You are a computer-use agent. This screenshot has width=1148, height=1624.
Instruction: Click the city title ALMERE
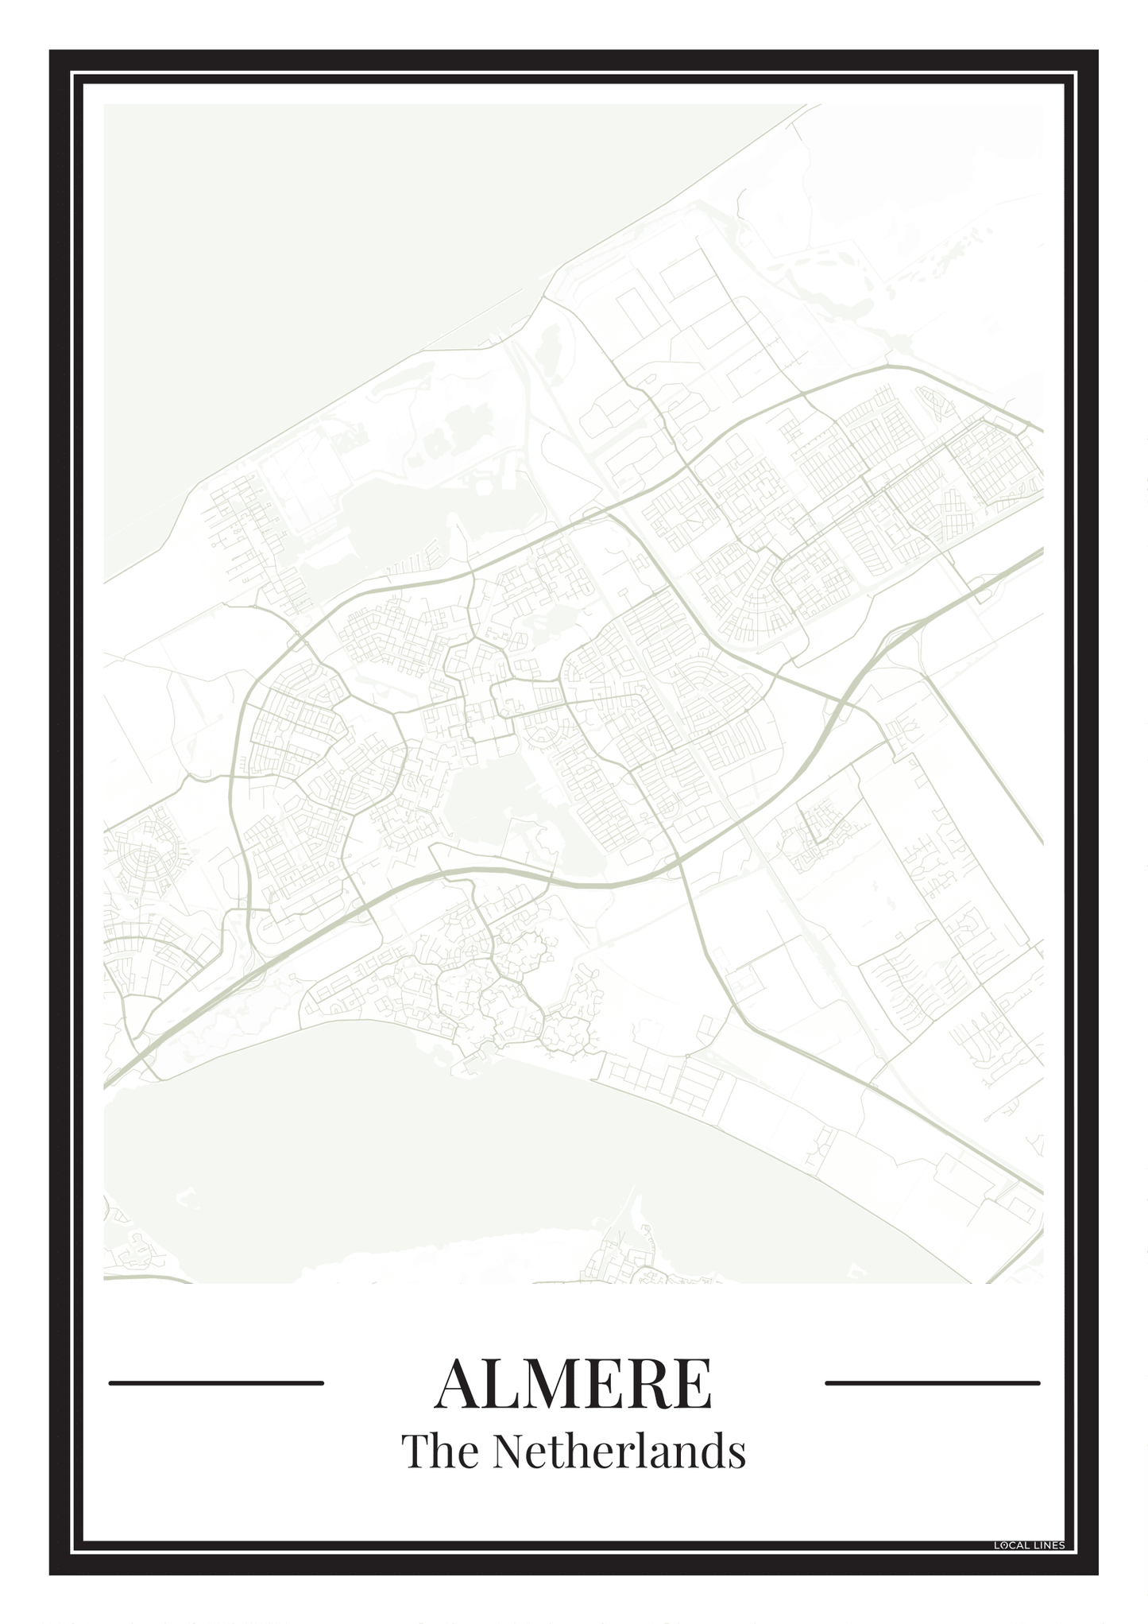pos(573,1384)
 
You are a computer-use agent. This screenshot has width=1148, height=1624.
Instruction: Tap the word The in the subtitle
pos(439,1452)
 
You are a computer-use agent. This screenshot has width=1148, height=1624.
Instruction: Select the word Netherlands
pos(619,1452)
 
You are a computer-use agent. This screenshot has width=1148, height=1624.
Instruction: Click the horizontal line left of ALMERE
pos(216,1383)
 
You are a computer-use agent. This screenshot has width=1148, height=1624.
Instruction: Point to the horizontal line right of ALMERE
pos(932,1383)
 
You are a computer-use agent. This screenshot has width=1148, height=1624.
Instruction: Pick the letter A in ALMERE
pos(460,1384)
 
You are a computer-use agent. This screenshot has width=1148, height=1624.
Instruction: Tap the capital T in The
pos(416,1452)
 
